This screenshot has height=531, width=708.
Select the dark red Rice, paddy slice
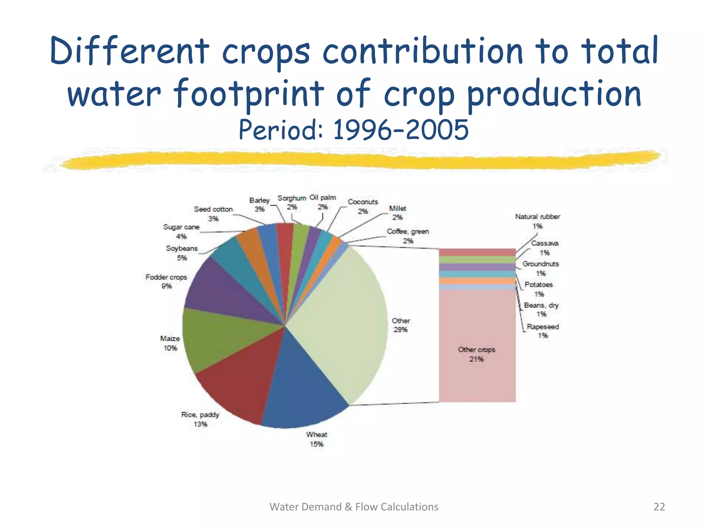pyautogui.click(x=239, y=380)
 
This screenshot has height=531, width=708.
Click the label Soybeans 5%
pyautogui.click(x=182, y=253)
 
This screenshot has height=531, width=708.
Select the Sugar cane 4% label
pyautogui.click(x=181, y=232)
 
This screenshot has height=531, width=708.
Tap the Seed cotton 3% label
pyautogui.click(x=213, y=214)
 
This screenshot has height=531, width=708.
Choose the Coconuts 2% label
pyautogui.click(x=363, y=206)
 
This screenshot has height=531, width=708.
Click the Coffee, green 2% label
pyautogui.click(x=408, y=236)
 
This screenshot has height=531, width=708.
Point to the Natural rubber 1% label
pyautogui.click(x=537, y=221)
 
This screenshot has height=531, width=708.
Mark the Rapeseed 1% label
pyautogui.click(x=543, y=331)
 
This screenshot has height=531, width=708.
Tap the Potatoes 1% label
pyautogui.click(x=539, y=289)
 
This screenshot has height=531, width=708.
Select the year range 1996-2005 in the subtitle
pyautogui.click(x=401, y=130)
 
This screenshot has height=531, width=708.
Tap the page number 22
pyautogui.click(x=659, y=507)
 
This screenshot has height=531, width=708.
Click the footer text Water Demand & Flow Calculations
pyautogui.click(x=354, y=507)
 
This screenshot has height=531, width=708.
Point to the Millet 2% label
pyautogui.click(x=398, y=213)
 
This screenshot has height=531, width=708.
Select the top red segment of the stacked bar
pyautogui.click(x=477, y=252)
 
